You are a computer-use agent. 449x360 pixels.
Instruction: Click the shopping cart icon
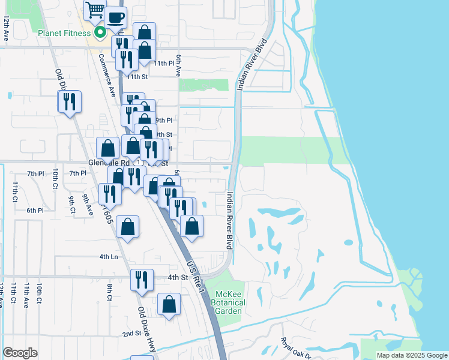coord(95,10)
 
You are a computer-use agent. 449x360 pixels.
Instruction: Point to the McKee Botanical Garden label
coord(229,302)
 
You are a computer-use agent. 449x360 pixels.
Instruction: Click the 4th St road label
coord(178,277)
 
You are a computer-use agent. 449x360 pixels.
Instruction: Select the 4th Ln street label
coord(109,257)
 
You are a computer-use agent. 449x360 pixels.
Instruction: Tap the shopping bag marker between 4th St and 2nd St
coord(169,304)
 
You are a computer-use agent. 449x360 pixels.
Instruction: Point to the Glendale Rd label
coord(109,163)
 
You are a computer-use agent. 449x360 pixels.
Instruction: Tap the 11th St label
coord(137,77)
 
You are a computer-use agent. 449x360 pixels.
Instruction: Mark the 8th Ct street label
coord(110,292)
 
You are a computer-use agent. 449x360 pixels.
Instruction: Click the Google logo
coord(20,353)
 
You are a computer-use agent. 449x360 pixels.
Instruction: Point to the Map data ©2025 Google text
coord(412,355)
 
